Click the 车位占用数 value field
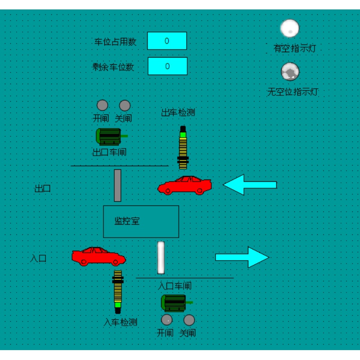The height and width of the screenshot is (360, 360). pyautogui.click(x=167, y=41)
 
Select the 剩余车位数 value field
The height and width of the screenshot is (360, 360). pyautogui.click(x=167, y=66)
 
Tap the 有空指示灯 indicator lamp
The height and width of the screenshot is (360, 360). pyautogui.click(x=290, y=28)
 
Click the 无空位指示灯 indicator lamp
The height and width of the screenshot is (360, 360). pyautogui.click(x=290, y=71)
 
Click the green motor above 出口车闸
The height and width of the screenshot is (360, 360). pyautogui.click(x=110, y=136)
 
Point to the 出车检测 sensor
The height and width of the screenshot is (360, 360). pyautogui.click(x=183, y=148)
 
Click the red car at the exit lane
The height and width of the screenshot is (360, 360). pyautogui.click(x=184, y=185)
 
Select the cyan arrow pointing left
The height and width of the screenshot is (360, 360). pyautogui.click(x=250, y=184)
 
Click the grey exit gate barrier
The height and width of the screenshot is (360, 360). pyautogui.click(x=117, y=185)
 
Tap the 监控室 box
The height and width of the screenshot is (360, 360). pyautogui.click(x=141, y=221)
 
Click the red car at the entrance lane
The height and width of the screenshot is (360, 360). pyautogui.click(x=99, y=256)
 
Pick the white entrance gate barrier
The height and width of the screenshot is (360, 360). pyautogui.click(x=161, y=257)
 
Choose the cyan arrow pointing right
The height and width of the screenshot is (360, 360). pyautogui.click(x=242, y=257)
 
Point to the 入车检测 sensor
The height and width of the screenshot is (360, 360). pyautogui.click(x=118, y=291)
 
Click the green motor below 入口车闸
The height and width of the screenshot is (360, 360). pyautogui.click(x=175, y=303)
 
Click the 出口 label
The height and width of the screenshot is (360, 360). pyautogui.click(x=43, y=189)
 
